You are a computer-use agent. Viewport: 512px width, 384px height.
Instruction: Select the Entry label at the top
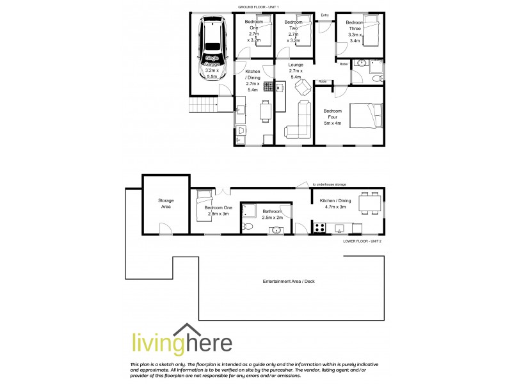325,15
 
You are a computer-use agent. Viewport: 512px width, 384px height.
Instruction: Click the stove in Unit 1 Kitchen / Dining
269,86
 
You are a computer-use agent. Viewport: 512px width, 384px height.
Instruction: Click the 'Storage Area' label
166,204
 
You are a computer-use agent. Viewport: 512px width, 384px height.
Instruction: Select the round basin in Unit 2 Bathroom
276,230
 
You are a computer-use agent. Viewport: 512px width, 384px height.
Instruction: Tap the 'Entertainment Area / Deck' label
289,282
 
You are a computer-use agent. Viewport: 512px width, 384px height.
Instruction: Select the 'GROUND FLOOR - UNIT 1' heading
261,6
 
